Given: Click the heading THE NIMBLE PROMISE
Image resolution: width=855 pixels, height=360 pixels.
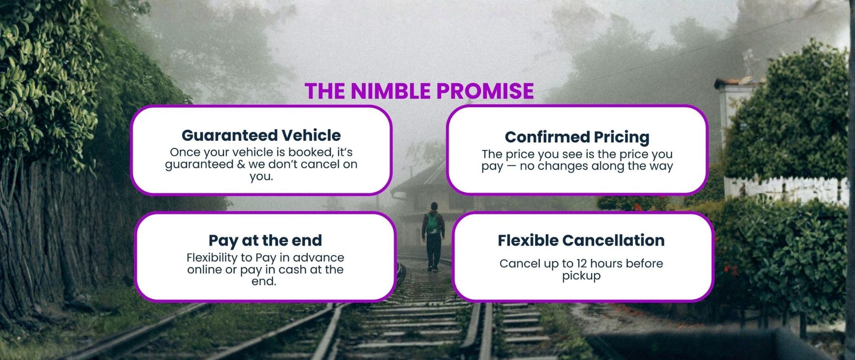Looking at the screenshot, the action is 419,91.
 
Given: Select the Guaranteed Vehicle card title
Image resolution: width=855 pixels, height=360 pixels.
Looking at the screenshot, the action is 261,135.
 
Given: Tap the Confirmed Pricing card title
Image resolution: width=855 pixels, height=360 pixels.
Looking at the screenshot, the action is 577,137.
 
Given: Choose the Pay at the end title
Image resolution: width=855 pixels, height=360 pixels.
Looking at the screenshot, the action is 265,240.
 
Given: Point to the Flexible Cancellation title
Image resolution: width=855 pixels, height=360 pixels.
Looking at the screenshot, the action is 581,240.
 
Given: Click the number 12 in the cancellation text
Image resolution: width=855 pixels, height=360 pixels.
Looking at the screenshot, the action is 581,263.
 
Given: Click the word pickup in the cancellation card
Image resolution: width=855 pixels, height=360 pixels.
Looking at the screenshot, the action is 581,276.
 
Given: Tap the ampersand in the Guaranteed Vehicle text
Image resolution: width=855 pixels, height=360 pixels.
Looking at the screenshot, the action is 242,164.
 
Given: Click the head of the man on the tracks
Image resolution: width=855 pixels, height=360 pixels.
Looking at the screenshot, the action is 433,207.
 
